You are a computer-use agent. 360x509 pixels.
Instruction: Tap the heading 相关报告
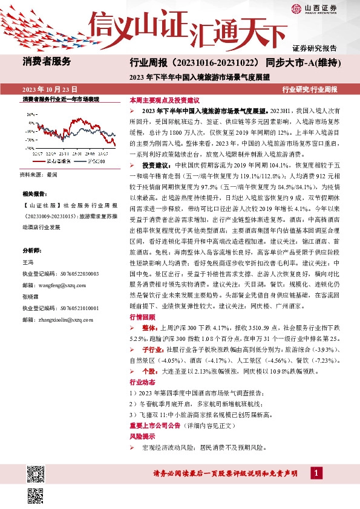coord(34,193)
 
